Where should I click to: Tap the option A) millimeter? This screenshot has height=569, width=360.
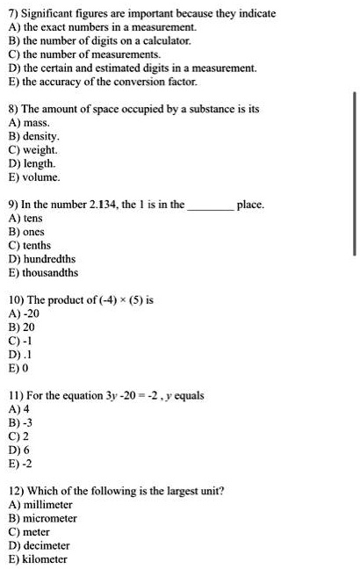(40, 505)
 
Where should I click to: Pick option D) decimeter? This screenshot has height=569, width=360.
(40, 545)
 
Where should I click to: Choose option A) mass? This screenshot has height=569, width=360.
(28, 124)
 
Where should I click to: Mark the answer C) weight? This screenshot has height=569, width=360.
(32, 150)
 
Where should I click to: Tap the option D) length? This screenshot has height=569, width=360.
(32, 163)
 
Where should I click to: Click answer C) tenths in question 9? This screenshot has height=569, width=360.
(31, 245)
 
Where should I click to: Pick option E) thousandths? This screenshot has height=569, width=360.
(43, 272)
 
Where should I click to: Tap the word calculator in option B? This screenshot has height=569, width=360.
(165, 40)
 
